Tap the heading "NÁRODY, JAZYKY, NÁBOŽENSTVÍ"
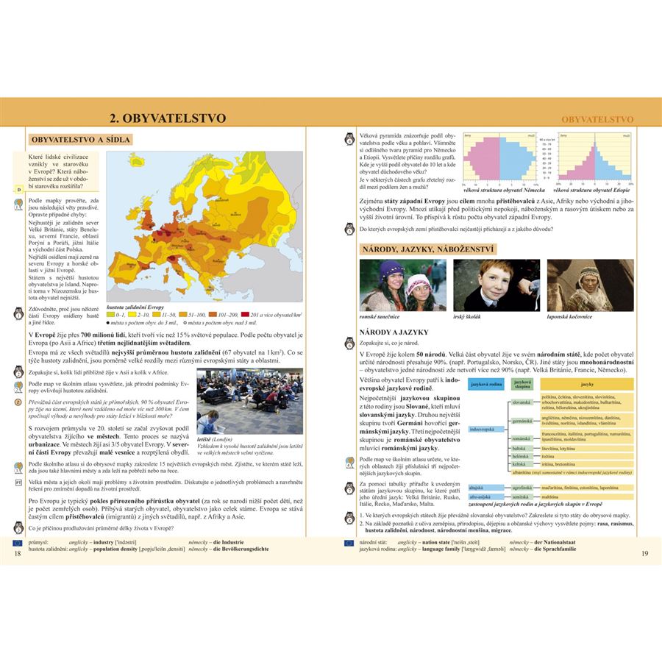(x=427, y=249)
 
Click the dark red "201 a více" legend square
(x=245, y=314)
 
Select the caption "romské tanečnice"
(x=380, y=317)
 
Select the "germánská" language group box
(x=522, y=421)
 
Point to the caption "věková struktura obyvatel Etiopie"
(x=592, y=191)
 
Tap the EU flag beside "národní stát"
(x=349, y=542)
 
